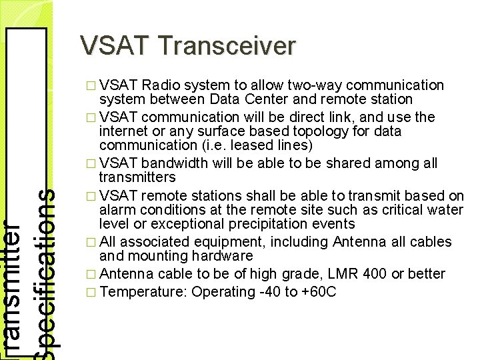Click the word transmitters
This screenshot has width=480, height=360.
(x=137, y=177)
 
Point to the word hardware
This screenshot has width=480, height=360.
(x=222, y=256)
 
